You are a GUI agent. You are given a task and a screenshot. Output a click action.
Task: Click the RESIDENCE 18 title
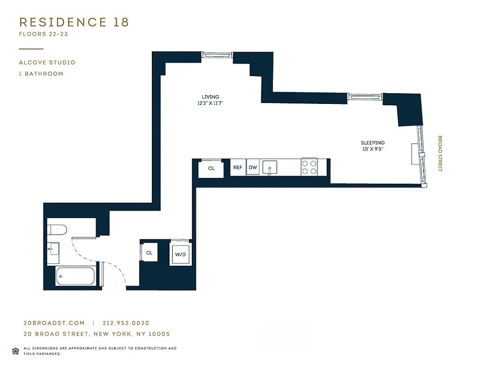point(74,22)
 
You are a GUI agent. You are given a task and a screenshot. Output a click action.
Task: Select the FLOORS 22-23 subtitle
point(44,34)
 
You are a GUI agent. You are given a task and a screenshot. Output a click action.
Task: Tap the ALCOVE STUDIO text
point(47,63)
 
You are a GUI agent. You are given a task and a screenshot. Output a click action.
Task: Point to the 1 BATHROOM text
point(41,74)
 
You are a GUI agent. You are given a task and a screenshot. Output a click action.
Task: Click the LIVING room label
point(210,97)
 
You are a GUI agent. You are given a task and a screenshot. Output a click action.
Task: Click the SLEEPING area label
point(372,143)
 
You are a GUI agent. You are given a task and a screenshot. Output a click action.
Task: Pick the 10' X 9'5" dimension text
point(372,149)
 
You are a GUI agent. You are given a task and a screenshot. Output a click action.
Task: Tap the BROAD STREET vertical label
point(440,154)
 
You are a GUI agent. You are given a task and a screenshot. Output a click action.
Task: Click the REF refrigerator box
point(238,168)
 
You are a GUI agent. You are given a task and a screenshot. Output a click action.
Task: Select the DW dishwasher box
point(253,168)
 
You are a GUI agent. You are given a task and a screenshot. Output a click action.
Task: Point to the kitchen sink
point(269,168)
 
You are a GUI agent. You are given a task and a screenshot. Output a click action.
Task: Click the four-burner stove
point(309,167)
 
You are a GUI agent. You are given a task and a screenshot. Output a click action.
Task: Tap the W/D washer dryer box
point(180,255)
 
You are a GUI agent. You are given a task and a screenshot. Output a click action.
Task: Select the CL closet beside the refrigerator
point(211,168)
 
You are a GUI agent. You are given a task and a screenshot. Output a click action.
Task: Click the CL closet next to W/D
point(149,253)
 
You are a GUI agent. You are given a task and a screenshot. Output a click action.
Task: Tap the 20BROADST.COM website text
point(54,323)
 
